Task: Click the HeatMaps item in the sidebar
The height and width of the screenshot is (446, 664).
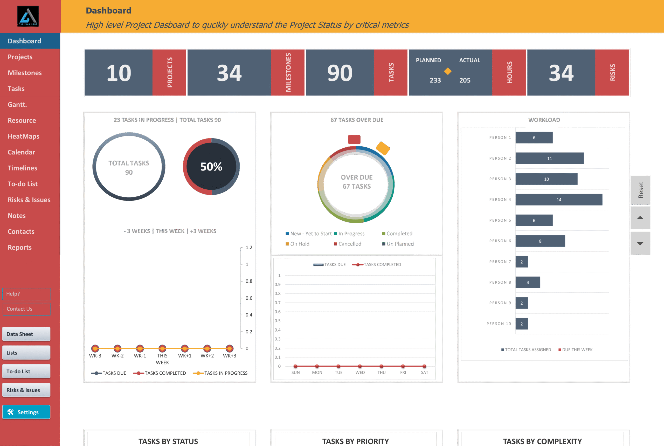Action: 23,136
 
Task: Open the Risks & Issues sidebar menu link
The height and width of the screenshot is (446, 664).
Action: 29,200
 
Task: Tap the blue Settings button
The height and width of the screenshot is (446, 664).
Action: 26,412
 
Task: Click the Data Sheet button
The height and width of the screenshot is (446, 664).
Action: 26,334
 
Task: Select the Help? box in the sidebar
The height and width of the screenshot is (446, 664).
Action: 26,294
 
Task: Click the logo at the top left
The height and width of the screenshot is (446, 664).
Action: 28,16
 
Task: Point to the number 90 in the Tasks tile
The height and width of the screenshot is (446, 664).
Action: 340,73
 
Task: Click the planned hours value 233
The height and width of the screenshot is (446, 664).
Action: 435,80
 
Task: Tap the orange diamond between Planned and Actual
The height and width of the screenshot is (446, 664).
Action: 448,71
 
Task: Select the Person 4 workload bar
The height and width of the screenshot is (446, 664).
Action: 558,200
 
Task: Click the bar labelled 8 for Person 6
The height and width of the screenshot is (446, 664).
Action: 540,241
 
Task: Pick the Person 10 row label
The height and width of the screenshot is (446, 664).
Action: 499,324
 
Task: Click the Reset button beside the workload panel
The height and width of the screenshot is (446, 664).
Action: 640,190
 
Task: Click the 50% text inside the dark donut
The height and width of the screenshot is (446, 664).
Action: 211,167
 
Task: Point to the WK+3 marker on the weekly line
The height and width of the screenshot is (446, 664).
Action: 229,348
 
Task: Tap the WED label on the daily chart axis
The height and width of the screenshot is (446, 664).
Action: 360,372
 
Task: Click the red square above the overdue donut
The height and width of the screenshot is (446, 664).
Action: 354,139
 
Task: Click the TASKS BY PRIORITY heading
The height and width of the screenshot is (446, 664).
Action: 355,441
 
